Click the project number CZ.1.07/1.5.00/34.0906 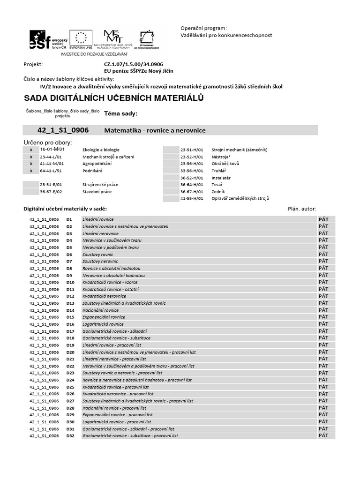click(x=134, y=64)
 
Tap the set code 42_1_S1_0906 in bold click(x=63, y=130)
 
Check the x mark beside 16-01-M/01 click(x=31, y=150)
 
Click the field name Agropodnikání click(x=97, y=164)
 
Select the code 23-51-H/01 click(x=192, y=150)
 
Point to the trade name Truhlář click(x=219, y=171)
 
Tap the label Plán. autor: click(x=302, y=209)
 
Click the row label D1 click(x=69, y=219)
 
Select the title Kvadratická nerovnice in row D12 click(x=104, y=296)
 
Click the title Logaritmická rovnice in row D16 click(x=103, y=324)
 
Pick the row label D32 click(x=70, y=436)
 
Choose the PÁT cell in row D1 click(x=323, y=219)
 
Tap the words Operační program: click(x=203, y=28)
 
